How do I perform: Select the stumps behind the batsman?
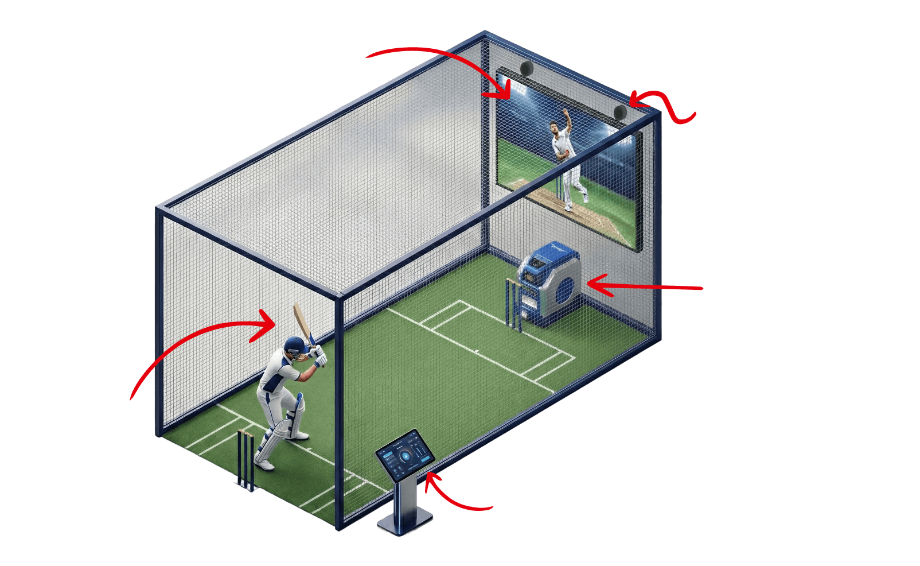coord(246,459)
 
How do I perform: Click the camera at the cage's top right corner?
coord(620,111)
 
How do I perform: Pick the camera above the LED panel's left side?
coord(527,68)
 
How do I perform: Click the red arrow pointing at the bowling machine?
coord(642,285)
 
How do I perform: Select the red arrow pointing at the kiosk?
coord(453,495)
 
